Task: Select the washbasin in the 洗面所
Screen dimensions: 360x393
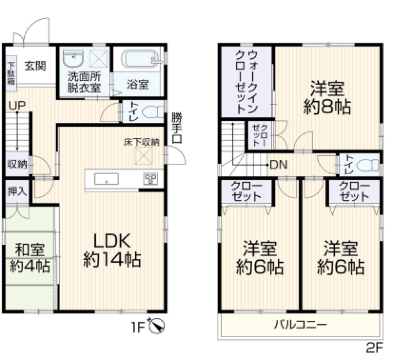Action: (74, 60)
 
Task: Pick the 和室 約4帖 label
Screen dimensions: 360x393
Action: (30, 258)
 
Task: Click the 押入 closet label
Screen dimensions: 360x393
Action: (17, 192)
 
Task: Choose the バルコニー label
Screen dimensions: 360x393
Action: (300, 325)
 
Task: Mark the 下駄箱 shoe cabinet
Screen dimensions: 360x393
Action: (11, 72)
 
